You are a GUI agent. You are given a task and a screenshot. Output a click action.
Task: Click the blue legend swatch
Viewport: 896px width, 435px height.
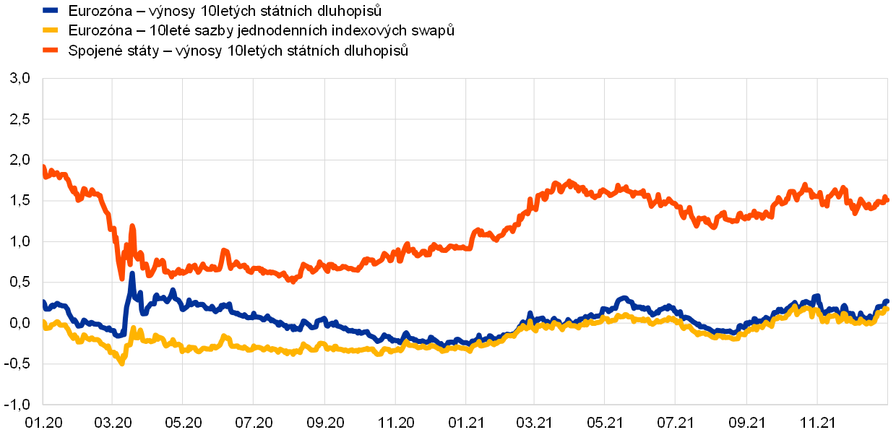(50, 10)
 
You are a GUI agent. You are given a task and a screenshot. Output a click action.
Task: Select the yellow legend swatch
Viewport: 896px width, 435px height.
(50, 30)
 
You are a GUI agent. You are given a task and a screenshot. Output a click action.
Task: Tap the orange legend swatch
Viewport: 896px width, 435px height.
(50, 50)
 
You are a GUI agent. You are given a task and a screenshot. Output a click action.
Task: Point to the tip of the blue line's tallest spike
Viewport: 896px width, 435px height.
(132, 273)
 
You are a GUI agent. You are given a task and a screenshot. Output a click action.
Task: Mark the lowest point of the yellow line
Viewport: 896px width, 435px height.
(121, 363)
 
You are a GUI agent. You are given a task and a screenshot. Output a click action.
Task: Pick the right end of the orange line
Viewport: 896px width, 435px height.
(887, 199)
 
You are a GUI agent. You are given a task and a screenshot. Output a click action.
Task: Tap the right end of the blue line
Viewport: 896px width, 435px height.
(887, 301)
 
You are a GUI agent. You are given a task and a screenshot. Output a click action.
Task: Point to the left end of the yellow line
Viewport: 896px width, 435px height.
(43, 322)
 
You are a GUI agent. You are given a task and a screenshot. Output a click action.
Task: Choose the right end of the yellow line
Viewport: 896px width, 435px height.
(887, 309)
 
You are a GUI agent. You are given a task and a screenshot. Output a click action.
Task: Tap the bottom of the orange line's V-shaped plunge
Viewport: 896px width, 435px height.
(122, 279)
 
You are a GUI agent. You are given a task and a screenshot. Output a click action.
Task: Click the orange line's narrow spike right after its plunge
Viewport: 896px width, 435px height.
(132, 226)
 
